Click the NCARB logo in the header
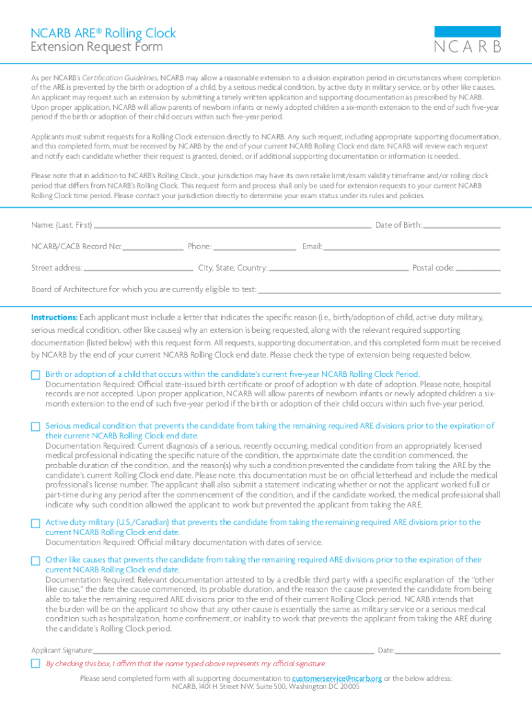point(467,40)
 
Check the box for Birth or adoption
point(36,375)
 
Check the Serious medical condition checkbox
point(36,427)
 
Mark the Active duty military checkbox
point(36,523)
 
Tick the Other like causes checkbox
point(36,561)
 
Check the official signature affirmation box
point(36,664)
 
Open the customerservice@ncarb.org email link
point(337,679)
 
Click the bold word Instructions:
point(54,318)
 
